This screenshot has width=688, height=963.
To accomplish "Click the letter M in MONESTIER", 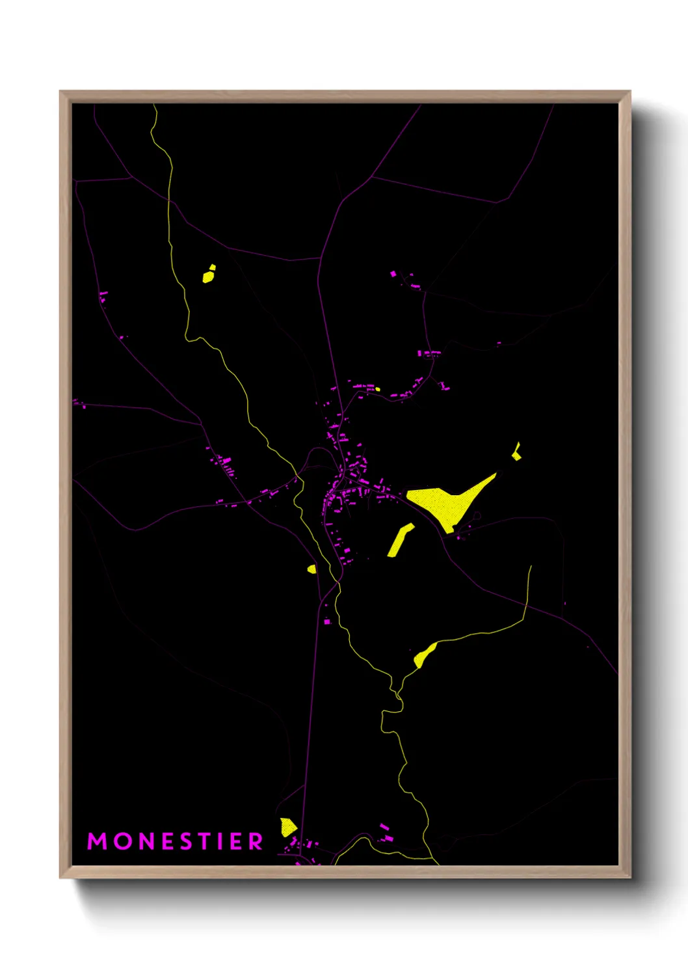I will coord(97,841).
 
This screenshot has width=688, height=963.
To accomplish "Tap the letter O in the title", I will coord(122,841).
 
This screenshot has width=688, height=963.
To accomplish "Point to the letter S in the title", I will coord(189,841).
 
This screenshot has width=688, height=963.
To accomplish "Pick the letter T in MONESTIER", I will coord(207,841).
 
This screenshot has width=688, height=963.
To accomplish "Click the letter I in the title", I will coord(222,841).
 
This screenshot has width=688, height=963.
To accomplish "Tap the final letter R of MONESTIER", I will coord(256,841).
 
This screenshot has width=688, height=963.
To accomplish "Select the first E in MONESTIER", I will coord(168,841).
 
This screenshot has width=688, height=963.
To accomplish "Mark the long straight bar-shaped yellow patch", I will coord(401,540).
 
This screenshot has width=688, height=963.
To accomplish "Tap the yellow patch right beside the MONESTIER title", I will coord(287,827).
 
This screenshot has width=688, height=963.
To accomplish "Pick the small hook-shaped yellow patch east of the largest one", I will coord(516,452).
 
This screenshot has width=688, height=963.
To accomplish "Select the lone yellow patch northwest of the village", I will coord(208,275).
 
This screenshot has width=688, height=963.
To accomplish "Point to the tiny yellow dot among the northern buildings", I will coord(378,390).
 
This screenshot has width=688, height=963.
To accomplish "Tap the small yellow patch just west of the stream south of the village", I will coord(312,569).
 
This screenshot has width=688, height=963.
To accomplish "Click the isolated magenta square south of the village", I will coord(327,622).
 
